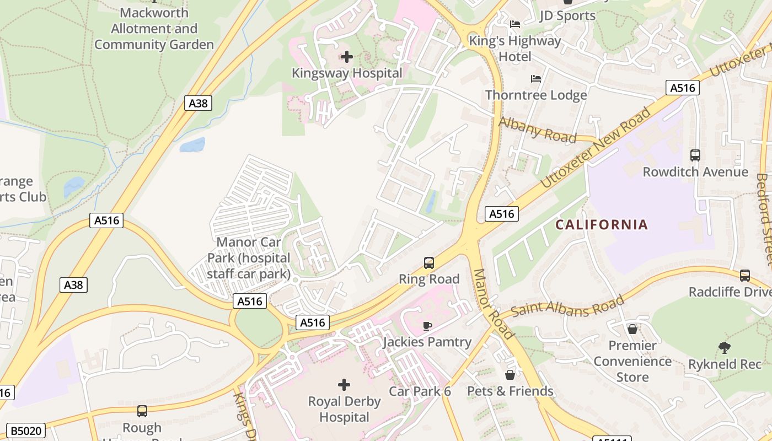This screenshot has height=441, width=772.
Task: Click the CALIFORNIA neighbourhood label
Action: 601,225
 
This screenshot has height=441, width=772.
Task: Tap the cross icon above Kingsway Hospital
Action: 347,57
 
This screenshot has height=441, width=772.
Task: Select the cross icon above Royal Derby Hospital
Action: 344,384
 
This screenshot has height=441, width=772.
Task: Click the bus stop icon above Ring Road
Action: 429,263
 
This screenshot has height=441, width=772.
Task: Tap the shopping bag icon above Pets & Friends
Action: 510,375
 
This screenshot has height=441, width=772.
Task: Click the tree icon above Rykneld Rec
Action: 725,347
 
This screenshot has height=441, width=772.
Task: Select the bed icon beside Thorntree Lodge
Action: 535,79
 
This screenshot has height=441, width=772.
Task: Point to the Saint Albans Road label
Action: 568,306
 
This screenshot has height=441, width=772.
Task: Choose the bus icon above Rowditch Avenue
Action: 695,155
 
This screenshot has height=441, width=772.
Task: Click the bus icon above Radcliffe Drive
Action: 745,275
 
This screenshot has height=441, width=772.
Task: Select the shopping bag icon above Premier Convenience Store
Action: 632,329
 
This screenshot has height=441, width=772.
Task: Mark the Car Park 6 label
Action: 420,391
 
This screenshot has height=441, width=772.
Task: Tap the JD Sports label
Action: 568,15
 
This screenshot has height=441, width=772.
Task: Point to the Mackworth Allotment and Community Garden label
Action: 154,29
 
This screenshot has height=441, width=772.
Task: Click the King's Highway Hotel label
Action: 515,49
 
